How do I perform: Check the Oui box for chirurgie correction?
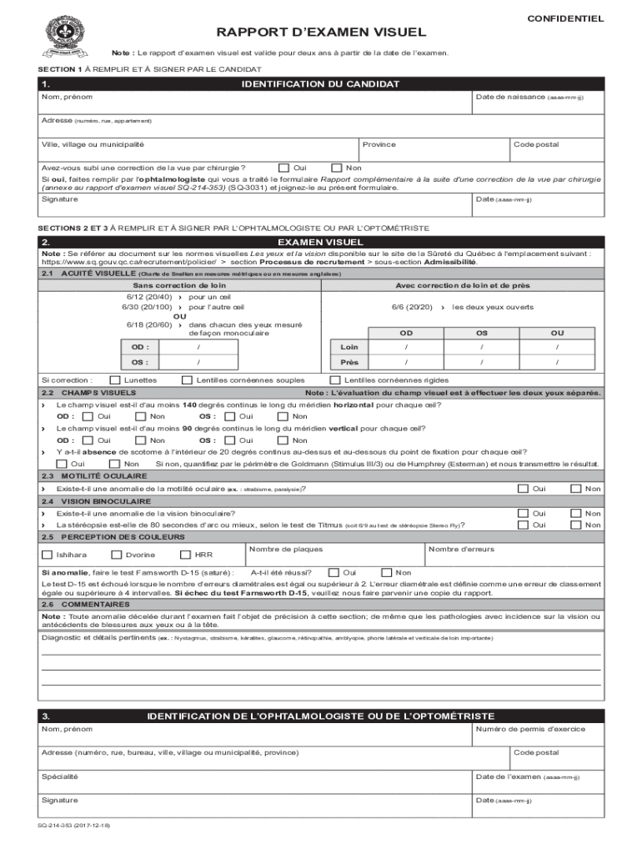(x=284, y=167)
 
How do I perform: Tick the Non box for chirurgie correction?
(x=337, y=167)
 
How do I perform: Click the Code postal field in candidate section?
(x=556, y=150)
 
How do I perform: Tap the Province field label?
(x=379, y=144)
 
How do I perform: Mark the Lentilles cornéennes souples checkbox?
(x=188, y=379)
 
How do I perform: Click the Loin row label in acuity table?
(x=349, y=346)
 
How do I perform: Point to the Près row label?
(x=349, y=362)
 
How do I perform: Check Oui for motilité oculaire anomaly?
(x=522, y=488)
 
